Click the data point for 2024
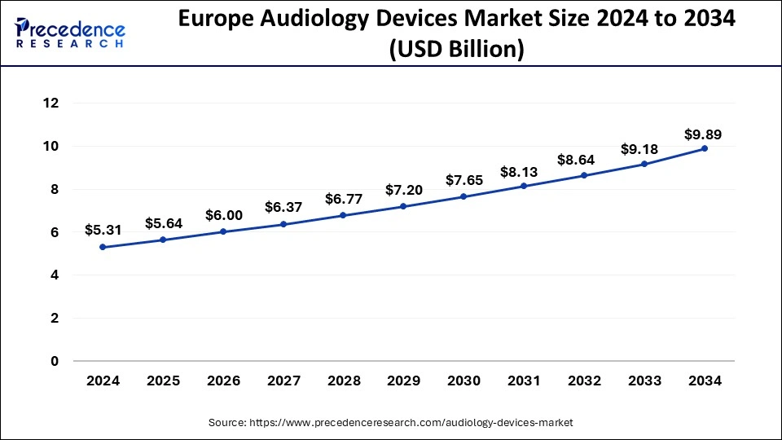102,247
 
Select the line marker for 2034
705,148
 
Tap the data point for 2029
403,206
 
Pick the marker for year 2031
524,186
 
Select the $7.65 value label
463,180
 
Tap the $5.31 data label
102,230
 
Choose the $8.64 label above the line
584,160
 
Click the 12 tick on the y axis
51,103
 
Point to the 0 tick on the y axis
55,361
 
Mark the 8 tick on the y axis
55,189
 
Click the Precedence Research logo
69,33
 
